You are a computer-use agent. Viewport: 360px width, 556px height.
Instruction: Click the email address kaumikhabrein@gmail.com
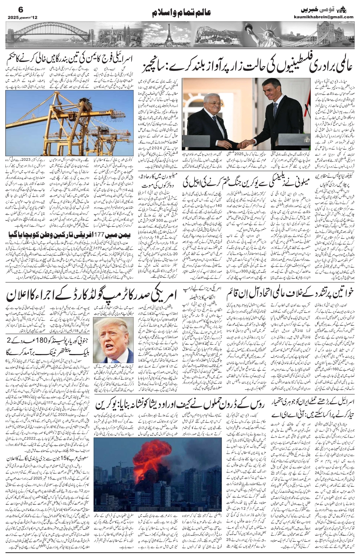point(323,17)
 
